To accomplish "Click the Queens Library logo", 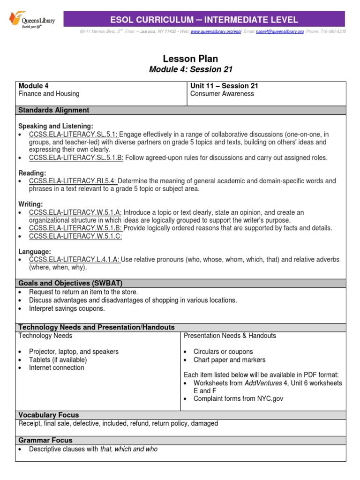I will pos(32,20).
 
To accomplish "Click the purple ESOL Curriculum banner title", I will pos(203,20).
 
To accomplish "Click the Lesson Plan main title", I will pos(190,59).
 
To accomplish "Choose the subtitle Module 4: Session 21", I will pos(190,70).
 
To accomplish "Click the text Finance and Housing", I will pos(49,94).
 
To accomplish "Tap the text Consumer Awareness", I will pos(222,94).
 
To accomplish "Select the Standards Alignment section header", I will pos(53,110).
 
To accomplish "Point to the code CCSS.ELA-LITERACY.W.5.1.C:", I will pos(75,236).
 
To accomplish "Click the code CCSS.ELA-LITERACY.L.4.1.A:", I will pos(75,260).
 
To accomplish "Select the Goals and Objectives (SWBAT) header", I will pos(70,283).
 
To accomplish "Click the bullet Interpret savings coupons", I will pos(67,308).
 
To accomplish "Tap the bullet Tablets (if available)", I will pos(58,360).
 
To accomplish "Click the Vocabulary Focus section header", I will pos(48,415).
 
